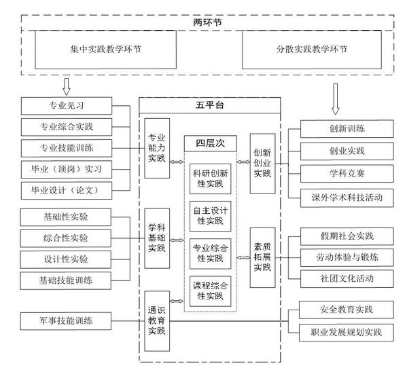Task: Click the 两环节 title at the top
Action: [207, 22]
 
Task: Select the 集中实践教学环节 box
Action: [105, 50]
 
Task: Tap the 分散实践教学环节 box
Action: [312, 50]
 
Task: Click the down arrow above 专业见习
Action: [67, 87]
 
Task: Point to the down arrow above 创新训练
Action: [336, 99]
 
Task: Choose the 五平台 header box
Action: [210, 105]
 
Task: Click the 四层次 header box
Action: [211, 143]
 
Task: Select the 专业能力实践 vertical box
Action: [157, 148]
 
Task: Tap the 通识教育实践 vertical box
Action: [157, 321]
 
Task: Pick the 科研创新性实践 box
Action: [210, 179]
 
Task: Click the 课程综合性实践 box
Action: [210, 291]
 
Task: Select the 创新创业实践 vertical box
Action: [262, 164]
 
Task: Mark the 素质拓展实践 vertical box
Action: [262, 257]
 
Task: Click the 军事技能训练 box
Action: [66, 321]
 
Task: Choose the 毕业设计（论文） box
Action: [67, 191]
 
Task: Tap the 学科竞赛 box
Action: [347, 174]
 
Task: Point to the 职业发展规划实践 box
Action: [347, 333]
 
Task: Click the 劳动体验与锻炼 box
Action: [347, 257]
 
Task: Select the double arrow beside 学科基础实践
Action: [177, 240]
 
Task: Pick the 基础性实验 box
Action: [66, 217]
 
